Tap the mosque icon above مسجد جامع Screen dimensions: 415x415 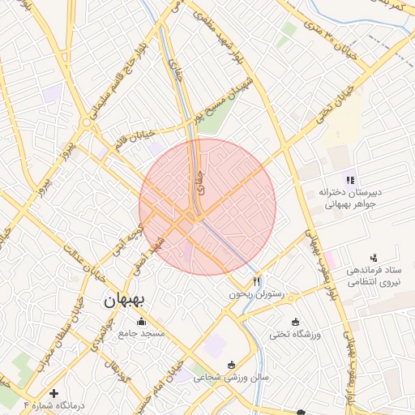click(x=142, y=321)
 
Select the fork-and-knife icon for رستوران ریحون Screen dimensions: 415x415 click(x=257, y=281)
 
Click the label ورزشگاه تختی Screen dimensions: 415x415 click(x=295, y=334)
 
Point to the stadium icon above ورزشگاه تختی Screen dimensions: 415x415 click(x=295, y=322)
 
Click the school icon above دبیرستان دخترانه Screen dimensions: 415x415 click(x=349, y=180)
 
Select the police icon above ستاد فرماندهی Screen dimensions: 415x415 click(x=373, y=257)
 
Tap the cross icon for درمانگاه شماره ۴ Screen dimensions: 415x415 click(x=54, y=393)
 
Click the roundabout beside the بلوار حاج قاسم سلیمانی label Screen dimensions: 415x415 click(x=86, y=122)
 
